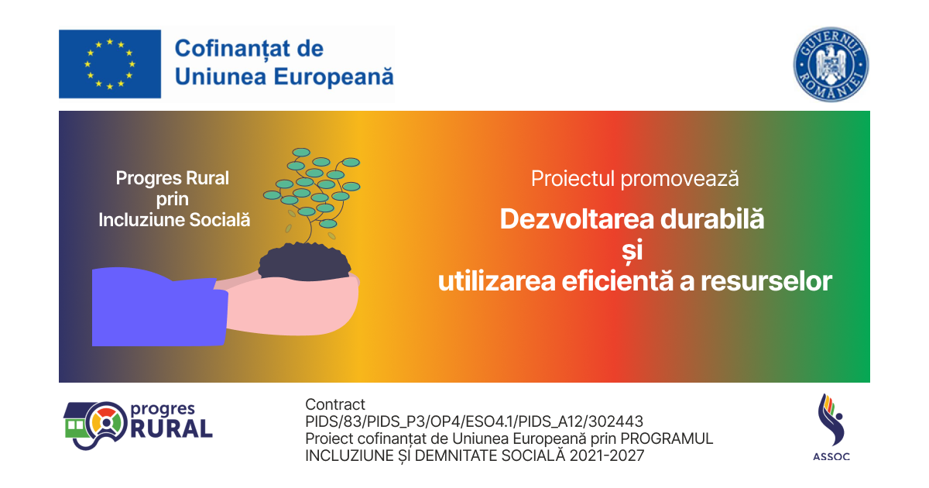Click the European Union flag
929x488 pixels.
click(x=110, y=64)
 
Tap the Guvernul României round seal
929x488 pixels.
click(x=831, y=64)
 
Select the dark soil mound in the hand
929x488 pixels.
click(x=304, y=262)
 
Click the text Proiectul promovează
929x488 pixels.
click(x=635, y=179)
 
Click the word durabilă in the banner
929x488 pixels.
click(x=712, y=218)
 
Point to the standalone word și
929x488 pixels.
click(x=632, y=250)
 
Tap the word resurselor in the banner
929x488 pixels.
click(x=766, y=281)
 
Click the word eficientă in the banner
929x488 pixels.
click(x=618, y=280)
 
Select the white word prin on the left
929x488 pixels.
click(x=173, y=200)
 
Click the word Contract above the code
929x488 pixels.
click(x=335, y=404)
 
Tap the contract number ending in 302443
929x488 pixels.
click(x=474, y=421)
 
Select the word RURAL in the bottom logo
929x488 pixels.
click(x=172, y=428)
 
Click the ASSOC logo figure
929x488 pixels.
click(x=831, y=420)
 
